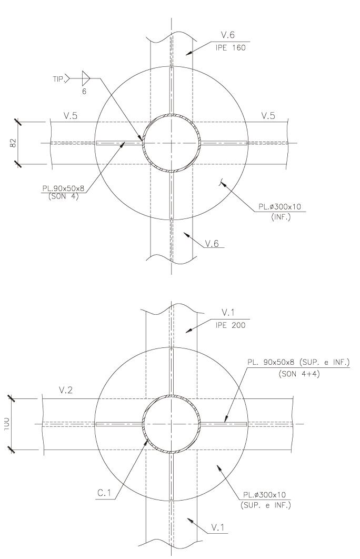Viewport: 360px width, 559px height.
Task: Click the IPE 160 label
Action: [230, 48]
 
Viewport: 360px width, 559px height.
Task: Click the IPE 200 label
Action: [230, 325]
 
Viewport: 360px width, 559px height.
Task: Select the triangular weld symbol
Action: [86, 77]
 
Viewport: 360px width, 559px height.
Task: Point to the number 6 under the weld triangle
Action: [84, 92]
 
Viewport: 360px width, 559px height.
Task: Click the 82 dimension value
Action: [13, 143]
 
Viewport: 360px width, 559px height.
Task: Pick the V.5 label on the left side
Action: [70, 116]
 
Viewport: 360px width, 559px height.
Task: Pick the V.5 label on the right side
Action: [268, 116]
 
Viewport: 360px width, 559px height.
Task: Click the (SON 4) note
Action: [63, 196]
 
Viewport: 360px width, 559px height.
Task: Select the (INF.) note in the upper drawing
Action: [281, 217]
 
